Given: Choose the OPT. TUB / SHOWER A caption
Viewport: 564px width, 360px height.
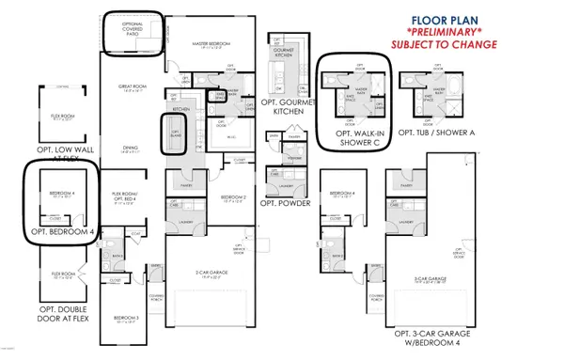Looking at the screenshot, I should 437,133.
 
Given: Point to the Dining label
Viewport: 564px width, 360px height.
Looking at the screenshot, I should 129,147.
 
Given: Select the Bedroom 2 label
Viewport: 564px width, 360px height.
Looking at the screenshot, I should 233,197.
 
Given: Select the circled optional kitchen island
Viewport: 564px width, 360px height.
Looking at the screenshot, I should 175,133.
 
